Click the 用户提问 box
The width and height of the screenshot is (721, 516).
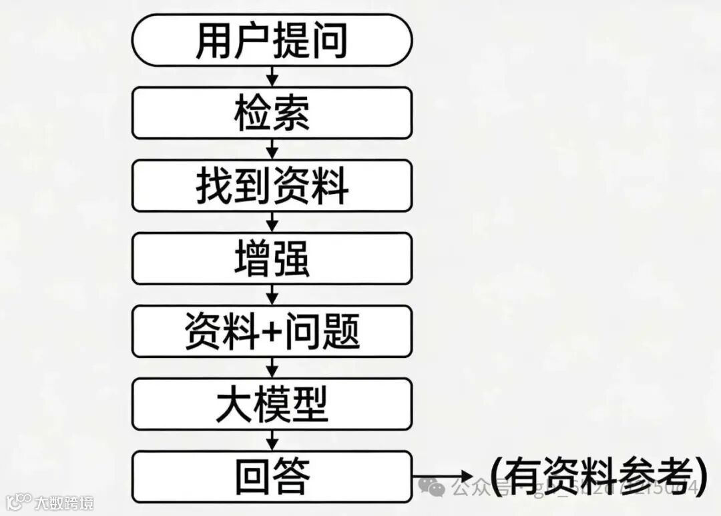[272, 40]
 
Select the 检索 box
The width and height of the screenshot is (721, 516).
[272, 113]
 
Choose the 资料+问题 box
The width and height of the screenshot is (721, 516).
[272, 331]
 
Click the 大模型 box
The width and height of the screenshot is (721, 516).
[272, 403]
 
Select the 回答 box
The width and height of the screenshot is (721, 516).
[272, 476]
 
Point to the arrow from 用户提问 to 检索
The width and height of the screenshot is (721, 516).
[272, 77]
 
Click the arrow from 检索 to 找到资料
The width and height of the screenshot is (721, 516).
[272, 149]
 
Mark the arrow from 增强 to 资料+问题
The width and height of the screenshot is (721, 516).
[272, 294]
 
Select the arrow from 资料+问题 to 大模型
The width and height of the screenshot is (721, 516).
[272, 367]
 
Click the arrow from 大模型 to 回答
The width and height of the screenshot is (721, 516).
[272, 439]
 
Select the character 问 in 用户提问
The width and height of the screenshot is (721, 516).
[329, 40]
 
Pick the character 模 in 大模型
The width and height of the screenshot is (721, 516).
[272, 403]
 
